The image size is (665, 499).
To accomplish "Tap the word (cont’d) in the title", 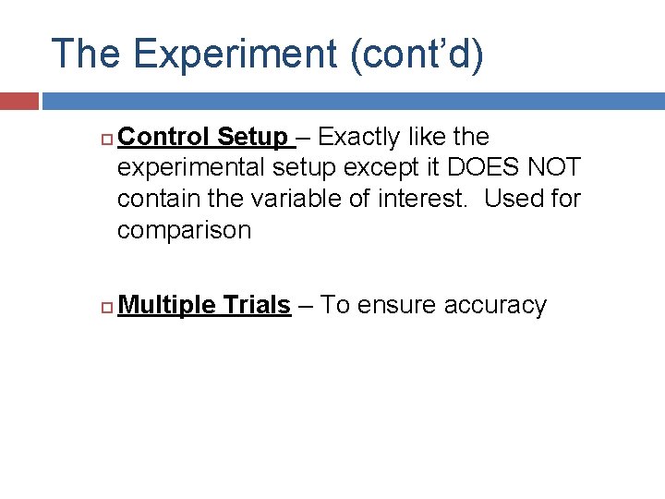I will click(417, 55).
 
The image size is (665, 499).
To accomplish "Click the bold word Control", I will click(163, 138).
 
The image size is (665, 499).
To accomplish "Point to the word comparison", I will click(184, 230).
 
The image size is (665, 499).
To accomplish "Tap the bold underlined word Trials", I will click(259, 306).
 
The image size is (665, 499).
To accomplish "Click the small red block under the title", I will click(18, 100).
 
